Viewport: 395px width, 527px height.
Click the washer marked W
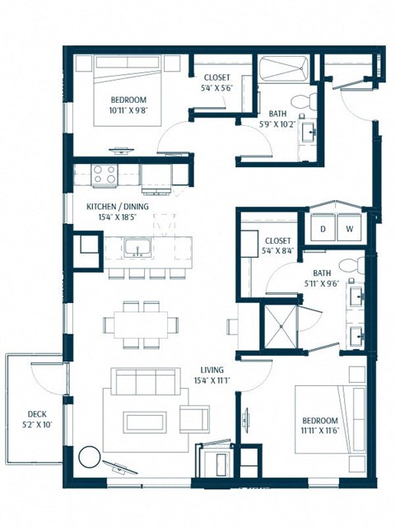tap(350, 228)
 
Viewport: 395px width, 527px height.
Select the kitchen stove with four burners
tap(105, 175)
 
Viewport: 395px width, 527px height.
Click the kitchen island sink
tap(137, 246)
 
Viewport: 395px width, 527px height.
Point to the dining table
tap(139, 324)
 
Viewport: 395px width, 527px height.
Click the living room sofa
tap(145, 383)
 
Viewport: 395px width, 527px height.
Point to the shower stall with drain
tap(281, 326)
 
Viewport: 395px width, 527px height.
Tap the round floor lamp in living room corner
tap(88, 456)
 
